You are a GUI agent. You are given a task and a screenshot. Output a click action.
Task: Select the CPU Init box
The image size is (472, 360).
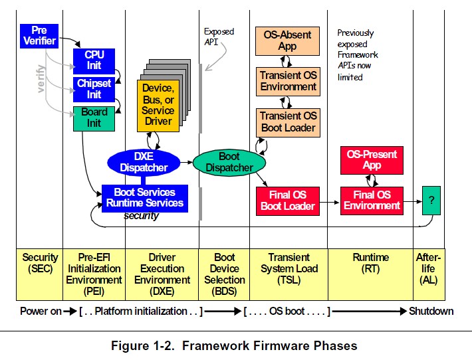pos(94,60)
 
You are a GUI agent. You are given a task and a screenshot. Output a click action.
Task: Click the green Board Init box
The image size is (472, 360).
pos(94,118)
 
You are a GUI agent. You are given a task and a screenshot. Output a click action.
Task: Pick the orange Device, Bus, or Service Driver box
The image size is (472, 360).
pos(158,105)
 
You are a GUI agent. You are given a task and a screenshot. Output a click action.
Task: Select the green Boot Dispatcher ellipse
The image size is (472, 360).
pos(229,162)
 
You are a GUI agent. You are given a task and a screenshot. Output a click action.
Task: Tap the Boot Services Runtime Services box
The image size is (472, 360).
pos(144,198)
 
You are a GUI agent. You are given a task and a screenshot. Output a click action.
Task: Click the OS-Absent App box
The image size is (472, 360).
pos(287,41)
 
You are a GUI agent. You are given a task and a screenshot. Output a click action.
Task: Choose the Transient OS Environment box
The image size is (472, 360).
pos(287,81)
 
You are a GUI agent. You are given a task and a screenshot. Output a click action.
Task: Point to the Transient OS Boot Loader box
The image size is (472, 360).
pos(287,122)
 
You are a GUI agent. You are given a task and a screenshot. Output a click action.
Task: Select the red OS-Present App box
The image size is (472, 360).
pos(372,160)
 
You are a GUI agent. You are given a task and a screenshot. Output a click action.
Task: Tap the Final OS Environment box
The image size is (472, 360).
pos(372,200)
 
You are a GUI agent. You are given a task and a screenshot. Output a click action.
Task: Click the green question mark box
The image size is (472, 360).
pos(431,199)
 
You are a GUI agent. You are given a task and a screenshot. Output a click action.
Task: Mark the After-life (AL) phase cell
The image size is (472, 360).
pos(428,268)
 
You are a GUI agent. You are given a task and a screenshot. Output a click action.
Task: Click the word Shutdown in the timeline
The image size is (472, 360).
pos(431,311)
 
